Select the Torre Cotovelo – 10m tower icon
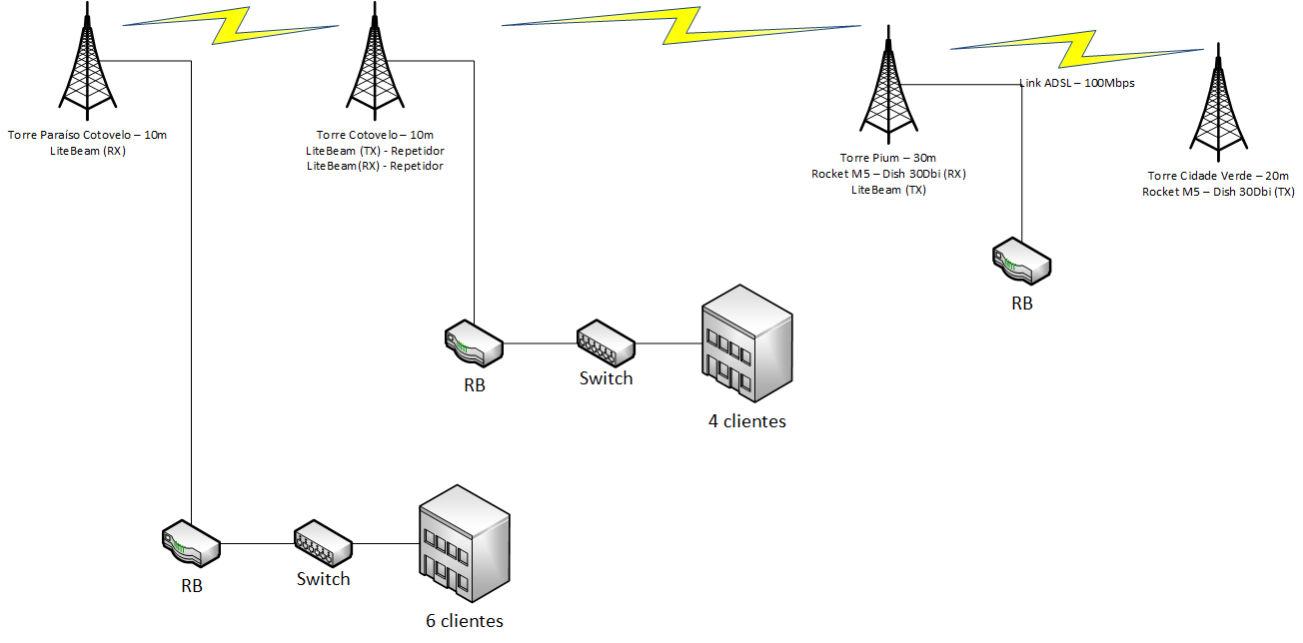pos(374,63)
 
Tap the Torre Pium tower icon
pos(887,89)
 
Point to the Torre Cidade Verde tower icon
pos(1216,105)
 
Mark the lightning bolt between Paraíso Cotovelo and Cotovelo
pos(230,26)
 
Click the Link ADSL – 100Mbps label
pos(1076,83)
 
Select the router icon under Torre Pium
pos(1021,262)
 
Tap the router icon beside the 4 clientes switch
pos(474,343)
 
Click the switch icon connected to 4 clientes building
pos(606,342)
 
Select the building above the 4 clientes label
pos(747,343)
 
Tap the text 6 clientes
pos(465,621)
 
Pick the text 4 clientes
pos(747,421)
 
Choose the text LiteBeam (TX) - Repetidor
pos(375,151)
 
